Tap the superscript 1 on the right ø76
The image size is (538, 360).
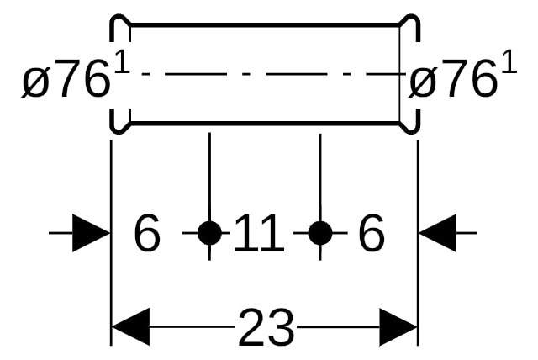[509, 61]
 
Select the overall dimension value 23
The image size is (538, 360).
[266, 326]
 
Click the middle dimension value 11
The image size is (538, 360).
[259, 233]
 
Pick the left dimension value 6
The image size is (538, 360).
[147, 233]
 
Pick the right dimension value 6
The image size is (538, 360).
[372, 233]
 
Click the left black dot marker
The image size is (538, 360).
[209, 233]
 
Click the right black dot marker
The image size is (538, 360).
[320, 233]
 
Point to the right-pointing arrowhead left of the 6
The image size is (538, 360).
[91, 233]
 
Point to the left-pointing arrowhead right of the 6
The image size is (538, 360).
[438, 233]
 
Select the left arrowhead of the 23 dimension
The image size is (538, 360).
[131, 326]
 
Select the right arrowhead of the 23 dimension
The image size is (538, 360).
[398, 326]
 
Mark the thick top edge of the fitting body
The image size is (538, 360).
[265, 24]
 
